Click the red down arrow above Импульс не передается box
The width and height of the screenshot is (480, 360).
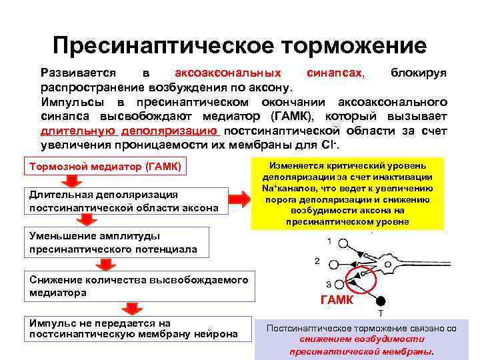click(132, 307)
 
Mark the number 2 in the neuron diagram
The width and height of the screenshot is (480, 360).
click(317, 260)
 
